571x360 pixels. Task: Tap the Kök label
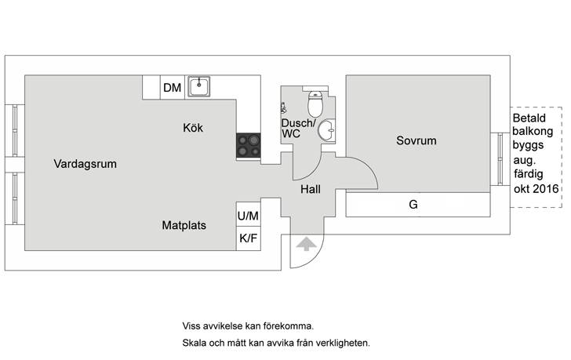click(193, 128)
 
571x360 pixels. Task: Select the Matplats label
click(184, 225)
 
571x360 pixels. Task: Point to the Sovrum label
click(416, 141)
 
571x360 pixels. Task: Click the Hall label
click(311, 189)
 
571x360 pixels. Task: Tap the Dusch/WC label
click(297, 129)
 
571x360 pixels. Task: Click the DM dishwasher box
click(173, 88)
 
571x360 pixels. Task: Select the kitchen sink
click(200, 86)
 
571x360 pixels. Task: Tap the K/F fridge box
click(248, 238)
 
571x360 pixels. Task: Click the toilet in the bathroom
click(315, 103)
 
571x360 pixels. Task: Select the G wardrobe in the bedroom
click(413, 205)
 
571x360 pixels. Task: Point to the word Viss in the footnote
click(191, 325)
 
